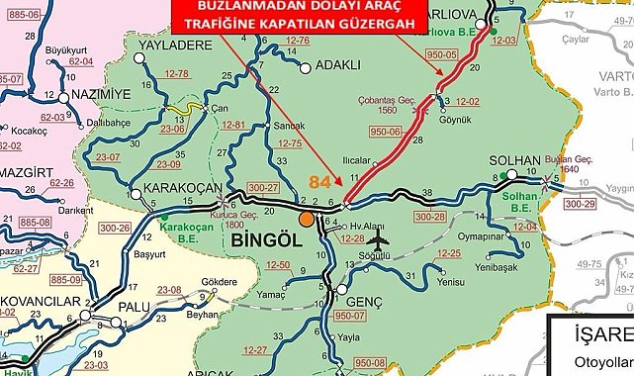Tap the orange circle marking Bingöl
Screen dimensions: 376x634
pos(307,219)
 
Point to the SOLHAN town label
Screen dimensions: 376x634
pos(515,161)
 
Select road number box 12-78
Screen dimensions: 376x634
pos(176,74)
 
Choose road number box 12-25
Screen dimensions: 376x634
pos(450,254)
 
